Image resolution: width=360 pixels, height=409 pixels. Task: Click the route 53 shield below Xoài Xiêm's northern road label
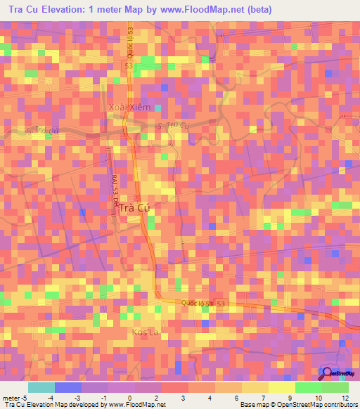[x=128, y=65]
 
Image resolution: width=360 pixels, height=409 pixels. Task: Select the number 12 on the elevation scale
[x=345, y=398]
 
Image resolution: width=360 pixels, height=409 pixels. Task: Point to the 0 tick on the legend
[x=129, y=398]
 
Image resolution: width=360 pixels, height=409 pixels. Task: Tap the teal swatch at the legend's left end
[x=41, y=387]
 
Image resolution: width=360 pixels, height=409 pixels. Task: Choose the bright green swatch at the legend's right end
[x=335, y=387]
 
